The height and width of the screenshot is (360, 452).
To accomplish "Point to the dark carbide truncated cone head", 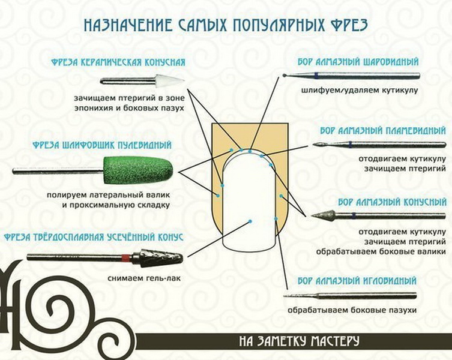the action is point(157,256).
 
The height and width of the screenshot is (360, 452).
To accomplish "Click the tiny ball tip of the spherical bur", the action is point(285,76).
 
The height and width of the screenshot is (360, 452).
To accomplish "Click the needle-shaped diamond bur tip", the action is point(297,296).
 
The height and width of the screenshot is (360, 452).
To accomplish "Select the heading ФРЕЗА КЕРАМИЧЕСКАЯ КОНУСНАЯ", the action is point(118,62).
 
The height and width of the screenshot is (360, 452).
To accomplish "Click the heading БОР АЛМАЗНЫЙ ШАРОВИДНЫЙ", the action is point(358,62).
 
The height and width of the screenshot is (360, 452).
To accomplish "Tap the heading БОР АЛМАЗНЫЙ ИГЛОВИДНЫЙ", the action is point(357,280).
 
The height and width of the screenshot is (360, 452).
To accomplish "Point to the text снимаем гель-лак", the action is point(145,278).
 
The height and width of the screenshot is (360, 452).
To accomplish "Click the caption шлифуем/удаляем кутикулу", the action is point(360,90).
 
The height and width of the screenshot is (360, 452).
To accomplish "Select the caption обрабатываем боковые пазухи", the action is point(352,310).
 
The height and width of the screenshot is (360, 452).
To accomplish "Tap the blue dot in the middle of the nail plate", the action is point(250,221).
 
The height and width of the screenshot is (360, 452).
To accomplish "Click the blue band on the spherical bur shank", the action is point(316,76).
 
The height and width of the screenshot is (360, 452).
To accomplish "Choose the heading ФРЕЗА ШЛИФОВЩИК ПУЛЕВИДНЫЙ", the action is point(102,145).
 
